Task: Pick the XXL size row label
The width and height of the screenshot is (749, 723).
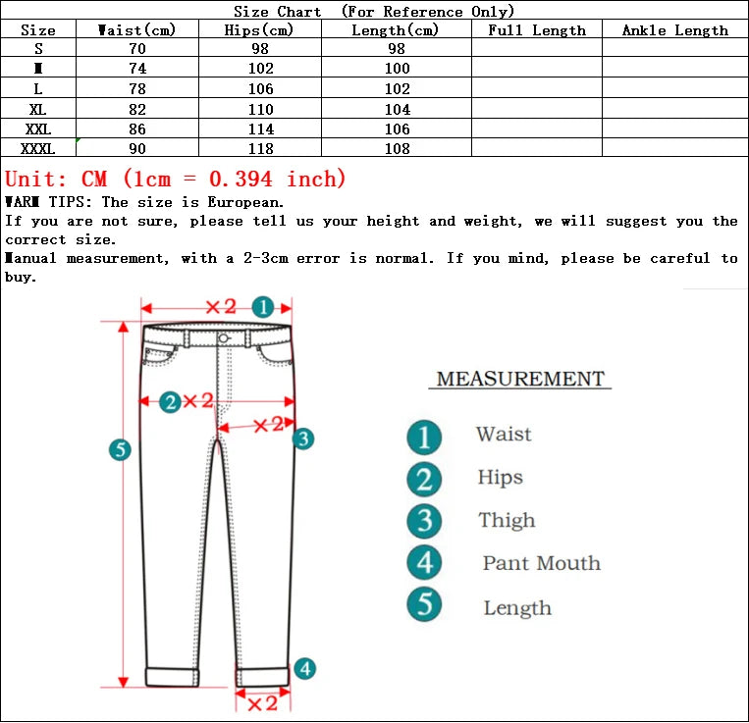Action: point(37,129)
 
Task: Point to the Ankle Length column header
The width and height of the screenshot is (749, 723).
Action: point(674,30)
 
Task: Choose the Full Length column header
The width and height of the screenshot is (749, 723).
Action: point(536,30)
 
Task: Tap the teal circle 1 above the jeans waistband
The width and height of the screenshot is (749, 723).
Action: point(262,306)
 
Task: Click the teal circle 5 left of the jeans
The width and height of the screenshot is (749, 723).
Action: point(120,450)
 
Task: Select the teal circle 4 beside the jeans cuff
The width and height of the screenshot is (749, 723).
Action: point(305,668)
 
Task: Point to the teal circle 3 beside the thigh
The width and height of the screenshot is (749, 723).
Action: point(303,439)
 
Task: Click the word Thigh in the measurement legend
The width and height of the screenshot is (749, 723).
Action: point(507,521)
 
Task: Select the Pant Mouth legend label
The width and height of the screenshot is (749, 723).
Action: point(541,564)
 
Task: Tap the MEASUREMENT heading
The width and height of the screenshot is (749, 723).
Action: point(520,379)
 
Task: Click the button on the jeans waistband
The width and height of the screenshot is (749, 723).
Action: point(224,338)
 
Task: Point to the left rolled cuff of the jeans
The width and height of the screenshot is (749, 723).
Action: point(173,676)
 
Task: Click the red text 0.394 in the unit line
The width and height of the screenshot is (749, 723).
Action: point(242,180)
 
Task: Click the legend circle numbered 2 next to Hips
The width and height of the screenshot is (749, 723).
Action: point(424,479)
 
